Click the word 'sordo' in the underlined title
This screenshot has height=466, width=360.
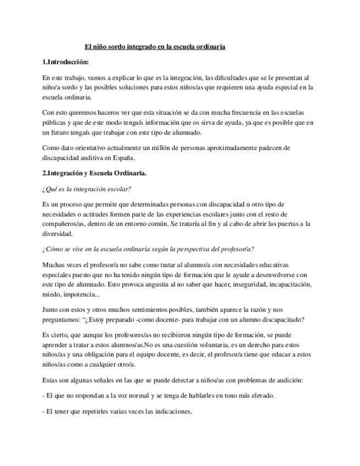(x=116, y=47)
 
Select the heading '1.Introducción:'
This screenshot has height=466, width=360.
(x=65, y=62)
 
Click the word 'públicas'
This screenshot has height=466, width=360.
(x=54, y=123)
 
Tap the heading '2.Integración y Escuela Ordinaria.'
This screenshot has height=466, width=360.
(x=94, y=173)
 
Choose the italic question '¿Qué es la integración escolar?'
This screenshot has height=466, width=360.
(x=86, y=189)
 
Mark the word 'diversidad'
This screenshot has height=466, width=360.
(x=57, y=234)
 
